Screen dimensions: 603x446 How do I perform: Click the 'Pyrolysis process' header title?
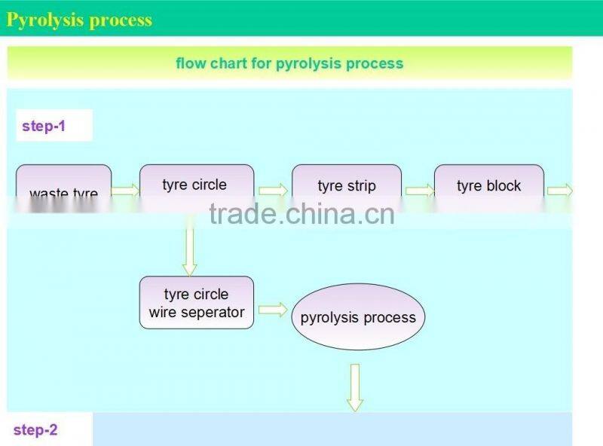(79, 20)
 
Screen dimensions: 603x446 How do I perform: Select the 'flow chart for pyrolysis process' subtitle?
(289, 63)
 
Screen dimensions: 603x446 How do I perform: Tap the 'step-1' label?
(44, 126)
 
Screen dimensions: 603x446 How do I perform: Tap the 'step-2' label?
(35, 430)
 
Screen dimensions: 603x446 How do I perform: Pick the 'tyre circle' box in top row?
(194, 185)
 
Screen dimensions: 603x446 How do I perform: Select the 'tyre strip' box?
(347, 186)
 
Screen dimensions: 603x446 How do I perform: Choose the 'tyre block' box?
(488, 186)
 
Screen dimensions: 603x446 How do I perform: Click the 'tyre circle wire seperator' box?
(197, 303)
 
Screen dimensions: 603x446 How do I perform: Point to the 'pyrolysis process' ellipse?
(358, 317)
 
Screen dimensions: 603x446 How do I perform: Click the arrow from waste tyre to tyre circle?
(126, 191)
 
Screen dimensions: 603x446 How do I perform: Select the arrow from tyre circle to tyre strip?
(273, 191)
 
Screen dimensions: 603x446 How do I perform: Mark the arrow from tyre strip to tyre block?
(418, 191)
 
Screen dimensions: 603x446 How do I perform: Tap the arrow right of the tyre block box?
(559, 191)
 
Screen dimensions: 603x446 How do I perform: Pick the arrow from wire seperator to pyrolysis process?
(273, 310)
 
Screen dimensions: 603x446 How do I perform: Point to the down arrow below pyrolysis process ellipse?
(355, 387)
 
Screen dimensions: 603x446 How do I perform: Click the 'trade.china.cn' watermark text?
(301, 214)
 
